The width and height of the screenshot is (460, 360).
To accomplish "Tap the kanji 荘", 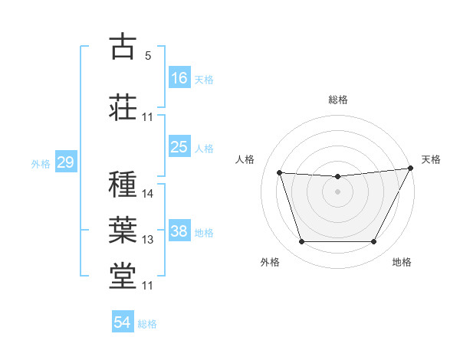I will tap(123, 106).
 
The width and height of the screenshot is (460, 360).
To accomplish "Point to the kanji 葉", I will tap(123, 229).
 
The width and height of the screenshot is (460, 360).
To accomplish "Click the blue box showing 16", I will tap(179, 78).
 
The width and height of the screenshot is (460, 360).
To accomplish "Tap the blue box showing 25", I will tap(179, 147).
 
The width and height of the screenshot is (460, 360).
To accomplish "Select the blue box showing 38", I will tap(179, 231).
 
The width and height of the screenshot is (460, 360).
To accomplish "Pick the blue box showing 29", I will tap(65, 162).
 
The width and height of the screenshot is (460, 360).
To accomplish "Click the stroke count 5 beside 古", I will tap(148, 56).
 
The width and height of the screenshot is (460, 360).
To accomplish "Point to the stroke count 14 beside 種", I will tap(148, 194).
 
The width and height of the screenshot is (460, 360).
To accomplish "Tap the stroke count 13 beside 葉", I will tap(148, 240).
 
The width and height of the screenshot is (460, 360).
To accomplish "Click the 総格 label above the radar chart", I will tap(338, 100).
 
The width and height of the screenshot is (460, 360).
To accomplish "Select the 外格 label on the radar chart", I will tap(270, 263).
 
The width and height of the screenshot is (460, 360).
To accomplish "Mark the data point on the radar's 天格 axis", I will tap(411, 169).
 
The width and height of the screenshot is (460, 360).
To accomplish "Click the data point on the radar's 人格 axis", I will tap(279, 173).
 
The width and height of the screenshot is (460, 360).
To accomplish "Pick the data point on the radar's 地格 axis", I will tap(374, 242).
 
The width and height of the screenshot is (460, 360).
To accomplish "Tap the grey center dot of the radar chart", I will tap(338, 191).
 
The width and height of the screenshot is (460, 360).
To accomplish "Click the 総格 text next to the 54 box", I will tap(147, 324).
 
